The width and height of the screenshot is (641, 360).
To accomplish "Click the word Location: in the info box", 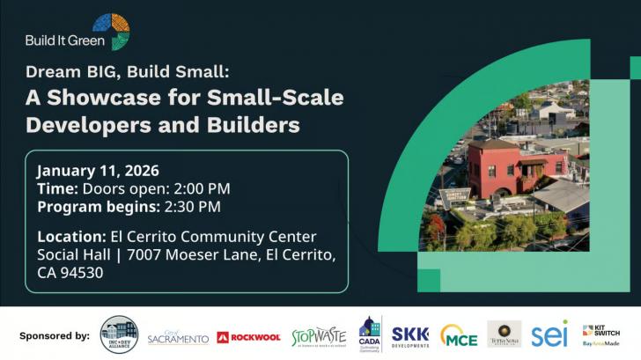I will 71,236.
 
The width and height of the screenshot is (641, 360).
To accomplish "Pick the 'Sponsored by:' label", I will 54,335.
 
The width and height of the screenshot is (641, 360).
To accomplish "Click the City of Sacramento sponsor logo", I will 178,337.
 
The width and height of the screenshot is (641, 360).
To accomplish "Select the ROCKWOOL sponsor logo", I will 248,337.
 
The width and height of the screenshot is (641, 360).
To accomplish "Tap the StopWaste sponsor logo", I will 319,335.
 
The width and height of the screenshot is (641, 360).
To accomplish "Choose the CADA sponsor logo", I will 370,335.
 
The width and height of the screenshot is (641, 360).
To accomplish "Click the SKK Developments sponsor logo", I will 410,335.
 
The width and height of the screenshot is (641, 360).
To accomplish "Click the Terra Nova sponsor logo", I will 505,334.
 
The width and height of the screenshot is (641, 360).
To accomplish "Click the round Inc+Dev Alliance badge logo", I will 119,334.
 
